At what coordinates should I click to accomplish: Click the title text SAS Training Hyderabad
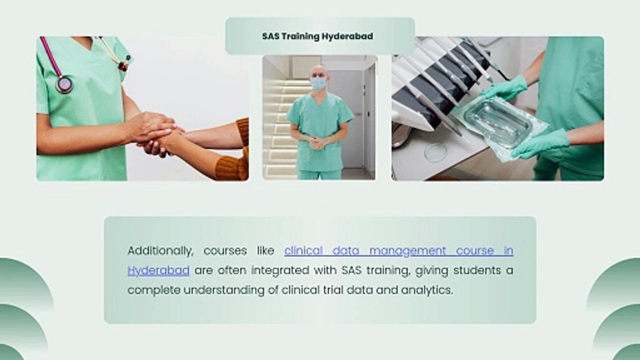pos(317,36)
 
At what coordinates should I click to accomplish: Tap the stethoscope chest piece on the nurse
pos(64,84)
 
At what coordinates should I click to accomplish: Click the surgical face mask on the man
pos(318,84)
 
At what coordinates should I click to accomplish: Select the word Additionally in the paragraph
pos(160,251)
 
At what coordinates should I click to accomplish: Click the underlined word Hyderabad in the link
pos(158,271)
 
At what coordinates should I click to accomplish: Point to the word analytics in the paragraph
pos(427,290)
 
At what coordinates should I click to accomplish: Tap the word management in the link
pos(407,251)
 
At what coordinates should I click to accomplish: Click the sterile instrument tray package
pos(499,127)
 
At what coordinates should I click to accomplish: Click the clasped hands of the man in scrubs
pos(317,142)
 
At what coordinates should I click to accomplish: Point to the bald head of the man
pos(318,71)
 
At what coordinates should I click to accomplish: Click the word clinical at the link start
pos(303,251)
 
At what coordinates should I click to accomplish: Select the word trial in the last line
pos(332,290)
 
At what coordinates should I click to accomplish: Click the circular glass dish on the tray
pos(435,153)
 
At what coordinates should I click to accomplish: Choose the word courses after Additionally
pos(225,251)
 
